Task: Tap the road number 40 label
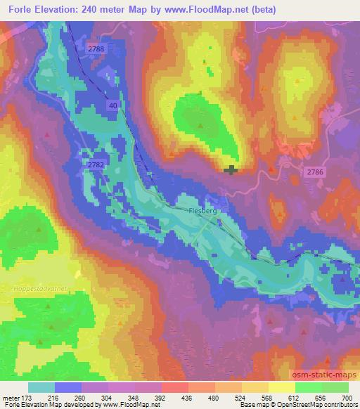click(112, 105)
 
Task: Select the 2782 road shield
click(96, 164)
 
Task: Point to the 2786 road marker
click(314, 171)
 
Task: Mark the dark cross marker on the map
click(231, 169)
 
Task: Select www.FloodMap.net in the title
click(217, 10)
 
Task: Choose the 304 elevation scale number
click(109, 397)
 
